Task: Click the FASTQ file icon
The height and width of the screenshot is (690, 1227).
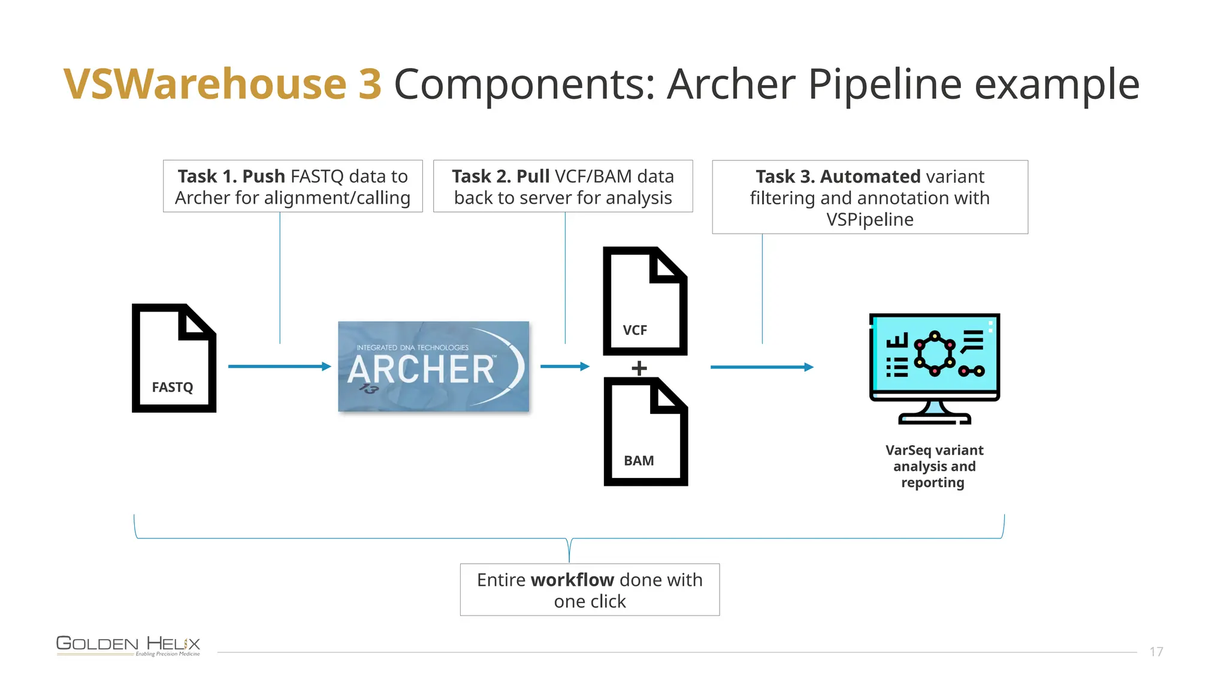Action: [174, 358]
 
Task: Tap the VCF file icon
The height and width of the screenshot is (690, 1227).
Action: [645, 301]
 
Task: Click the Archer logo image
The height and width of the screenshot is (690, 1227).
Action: [433, 367]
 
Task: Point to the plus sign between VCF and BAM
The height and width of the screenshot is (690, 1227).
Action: [639, 368]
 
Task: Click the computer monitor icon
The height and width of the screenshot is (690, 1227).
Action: [934, 368]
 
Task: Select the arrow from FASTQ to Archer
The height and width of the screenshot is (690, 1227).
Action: [279, 367]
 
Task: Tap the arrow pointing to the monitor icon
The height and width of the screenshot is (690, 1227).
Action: [761, 367]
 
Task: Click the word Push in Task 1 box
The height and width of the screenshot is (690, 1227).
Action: [264, 177]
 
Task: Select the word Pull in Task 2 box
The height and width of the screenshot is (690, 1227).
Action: [533, 177]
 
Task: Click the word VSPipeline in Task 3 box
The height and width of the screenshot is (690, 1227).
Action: [869, 220]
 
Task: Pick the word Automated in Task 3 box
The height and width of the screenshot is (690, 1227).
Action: [870, 177]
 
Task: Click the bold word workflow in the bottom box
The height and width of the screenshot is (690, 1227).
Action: [572, 580]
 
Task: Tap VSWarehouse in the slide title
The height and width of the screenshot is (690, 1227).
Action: [205, 84]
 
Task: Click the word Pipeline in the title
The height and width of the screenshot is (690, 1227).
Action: [885, 84]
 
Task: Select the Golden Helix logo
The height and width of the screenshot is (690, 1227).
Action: [128, 645]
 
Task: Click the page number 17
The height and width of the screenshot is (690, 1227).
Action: [1156, 652]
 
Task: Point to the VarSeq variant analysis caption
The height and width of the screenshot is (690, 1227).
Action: [934, 467]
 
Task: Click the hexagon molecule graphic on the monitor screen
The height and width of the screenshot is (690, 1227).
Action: [934, 353]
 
